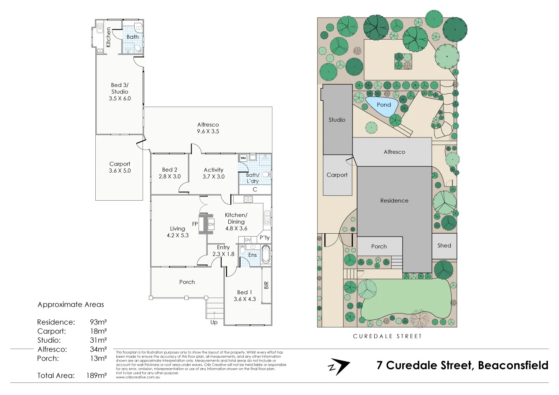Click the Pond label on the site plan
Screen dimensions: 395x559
pos(383,105)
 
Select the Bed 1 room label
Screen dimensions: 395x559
pos(245,293)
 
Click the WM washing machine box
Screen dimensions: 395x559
pos(243,158)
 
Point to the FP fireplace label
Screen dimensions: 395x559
pos(195,224)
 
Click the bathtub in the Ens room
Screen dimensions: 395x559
pos(266,255)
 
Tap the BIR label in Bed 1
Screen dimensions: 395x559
pos(266,285)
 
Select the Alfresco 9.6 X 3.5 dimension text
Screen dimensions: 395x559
pos(208,131)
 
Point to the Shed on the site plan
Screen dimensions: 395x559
pos(444,246)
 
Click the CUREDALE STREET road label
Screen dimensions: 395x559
pos(387,336)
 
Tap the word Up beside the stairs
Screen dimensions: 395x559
pos(214,322)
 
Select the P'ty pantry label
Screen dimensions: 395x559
pos(265,238)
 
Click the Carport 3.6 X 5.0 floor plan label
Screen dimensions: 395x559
pos(120,167)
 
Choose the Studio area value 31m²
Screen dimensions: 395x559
pos(98,340)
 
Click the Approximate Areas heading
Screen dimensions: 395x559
pos(71,305)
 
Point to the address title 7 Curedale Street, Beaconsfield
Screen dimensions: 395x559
pos(462,365)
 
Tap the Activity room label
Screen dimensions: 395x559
pos(214,170)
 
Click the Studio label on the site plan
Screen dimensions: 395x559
pos(337,120)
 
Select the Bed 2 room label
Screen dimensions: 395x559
pos(170,170)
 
